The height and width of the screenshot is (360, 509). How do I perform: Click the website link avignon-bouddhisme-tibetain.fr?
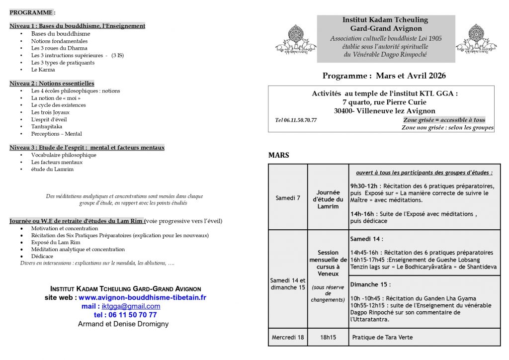(x=142, y=297)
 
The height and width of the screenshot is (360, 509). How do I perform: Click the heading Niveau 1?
(x=77, y=26)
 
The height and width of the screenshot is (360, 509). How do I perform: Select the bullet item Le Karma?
(x=43, y=70)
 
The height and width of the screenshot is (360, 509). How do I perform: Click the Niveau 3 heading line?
(x=87, y=148)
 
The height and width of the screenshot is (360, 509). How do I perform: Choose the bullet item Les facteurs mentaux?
(x=57, y=162)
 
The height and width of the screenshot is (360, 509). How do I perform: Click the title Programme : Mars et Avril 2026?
(x=384, y=76)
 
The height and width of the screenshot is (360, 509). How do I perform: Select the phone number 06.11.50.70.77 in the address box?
(x=296, y=120)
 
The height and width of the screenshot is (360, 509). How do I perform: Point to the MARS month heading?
(x=278, y=155)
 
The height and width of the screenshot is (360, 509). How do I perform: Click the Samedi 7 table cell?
(x=288, y=197)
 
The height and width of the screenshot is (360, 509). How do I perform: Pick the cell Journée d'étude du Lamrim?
(x=328, y=199)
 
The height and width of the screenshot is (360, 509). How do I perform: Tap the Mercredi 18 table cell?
(x=288, y=337)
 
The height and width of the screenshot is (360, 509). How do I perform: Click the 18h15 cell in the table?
(x=328, y=337)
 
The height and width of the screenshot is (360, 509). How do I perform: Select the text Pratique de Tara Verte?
(x=382, y=337)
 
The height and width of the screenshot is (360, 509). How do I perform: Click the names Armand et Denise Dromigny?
(x=123, y=324)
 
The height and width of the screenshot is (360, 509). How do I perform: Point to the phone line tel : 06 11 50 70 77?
(x=125, y=315)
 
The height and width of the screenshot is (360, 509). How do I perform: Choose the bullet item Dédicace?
(x=42, y=256)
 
